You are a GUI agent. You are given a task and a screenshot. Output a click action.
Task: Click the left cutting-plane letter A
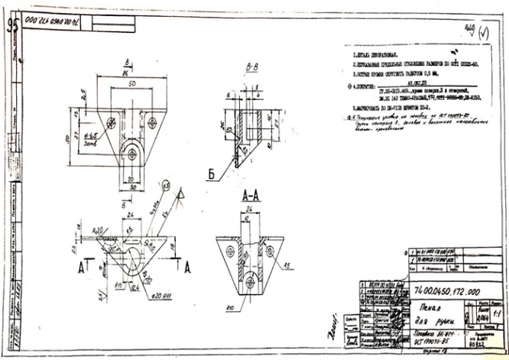pyautogui.click(x=79, y=268)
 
